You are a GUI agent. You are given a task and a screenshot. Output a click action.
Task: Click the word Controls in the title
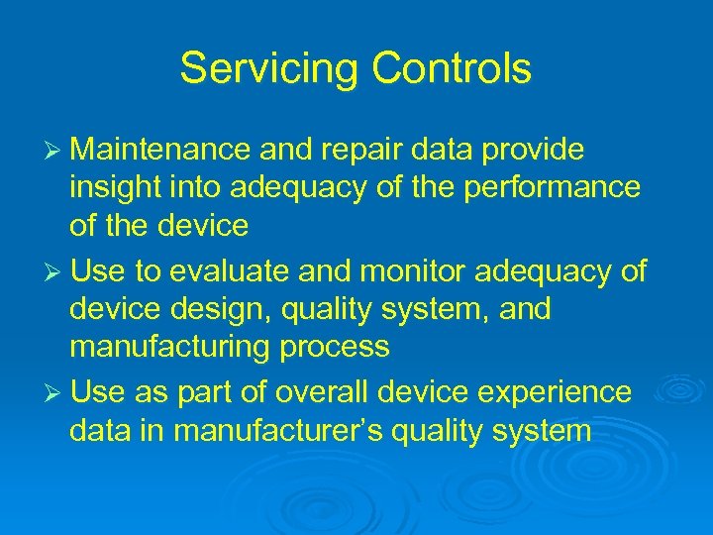[452, 69]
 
